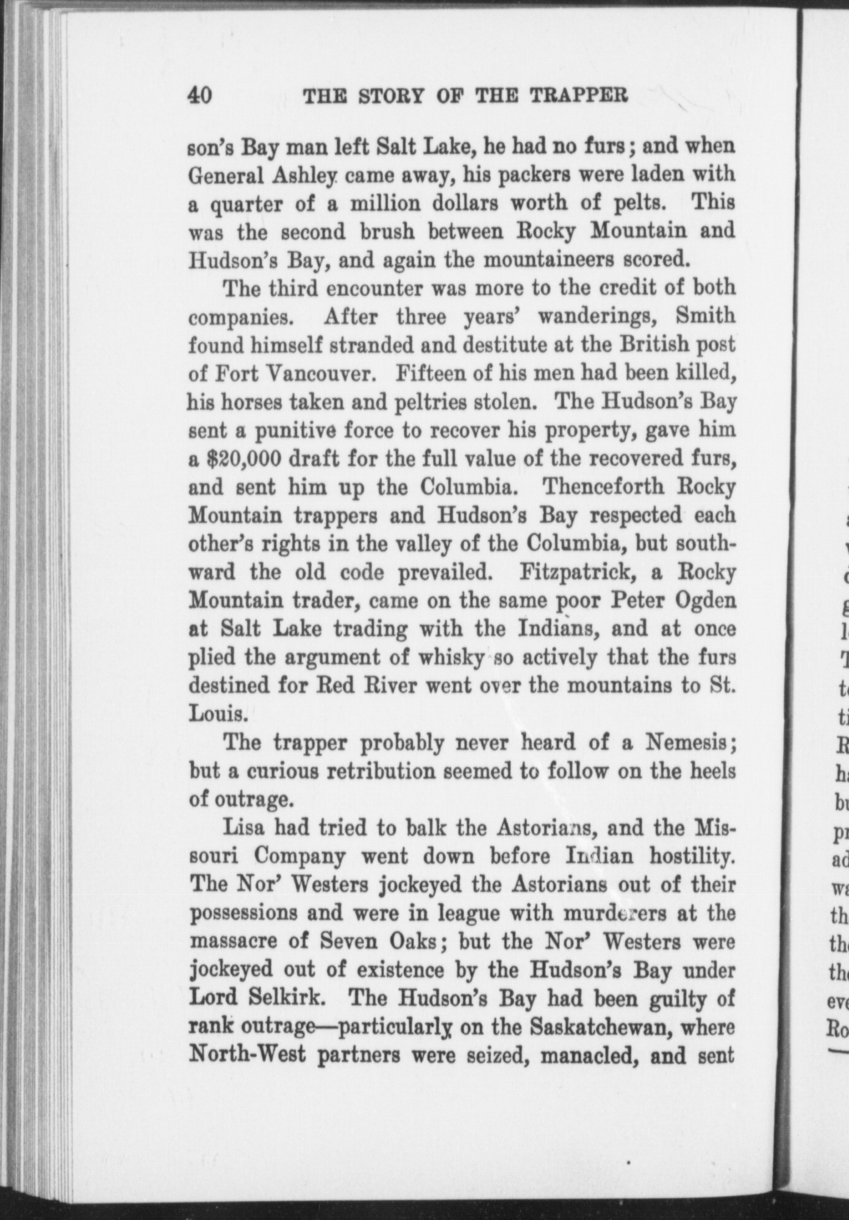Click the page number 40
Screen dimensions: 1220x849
pyautogui.click(x=200, y=96)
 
